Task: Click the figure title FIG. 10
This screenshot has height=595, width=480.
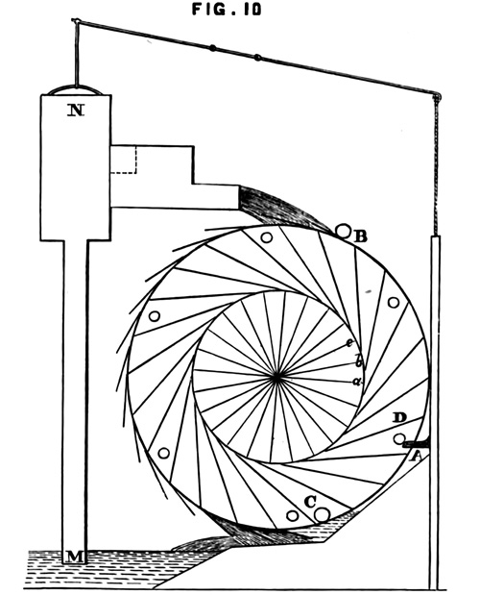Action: (x=227, y=9)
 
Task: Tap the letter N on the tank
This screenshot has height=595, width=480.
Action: (x=76, y=111)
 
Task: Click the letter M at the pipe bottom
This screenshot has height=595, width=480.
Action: (x=75, y=557)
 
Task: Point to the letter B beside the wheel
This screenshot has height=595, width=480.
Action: (x=360, y=236)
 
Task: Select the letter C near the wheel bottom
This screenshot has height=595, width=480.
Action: (x=310, y=503)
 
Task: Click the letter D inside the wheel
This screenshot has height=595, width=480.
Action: (x=399, y=418)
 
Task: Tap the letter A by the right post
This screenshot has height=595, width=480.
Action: (x=416, y=457)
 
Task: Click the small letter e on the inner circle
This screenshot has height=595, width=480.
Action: (x=349, y=343)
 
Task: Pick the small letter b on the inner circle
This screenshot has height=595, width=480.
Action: (x=358, y=360)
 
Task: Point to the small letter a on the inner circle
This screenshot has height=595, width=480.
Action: (x=356, y=382)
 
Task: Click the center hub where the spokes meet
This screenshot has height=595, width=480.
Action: (x=276, y=378)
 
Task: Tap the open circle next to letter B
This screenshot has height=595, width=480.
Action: (x=344, y=231)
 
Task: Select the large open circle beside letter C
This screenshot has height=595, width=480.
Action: (x=323, y=515)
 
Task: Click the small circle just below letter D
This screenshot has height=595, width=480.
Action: (x=399, y=438)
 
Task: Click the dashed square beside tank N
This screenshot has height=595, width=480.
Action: (x=123, y=160)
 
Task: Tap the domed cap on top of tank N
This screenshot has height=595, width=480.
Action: (x=76, y=90)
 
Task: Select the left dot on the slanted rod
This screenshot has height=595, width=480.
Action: (x=213, y=48)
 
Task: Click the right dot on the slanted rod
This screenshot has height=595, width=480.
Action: (x=257, y=58)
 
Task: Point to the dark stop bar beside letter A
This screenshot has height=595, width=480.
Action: (x=416, y=443)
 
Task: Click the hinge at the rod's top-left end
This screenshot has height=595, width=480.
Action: (x=75, y=20)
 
